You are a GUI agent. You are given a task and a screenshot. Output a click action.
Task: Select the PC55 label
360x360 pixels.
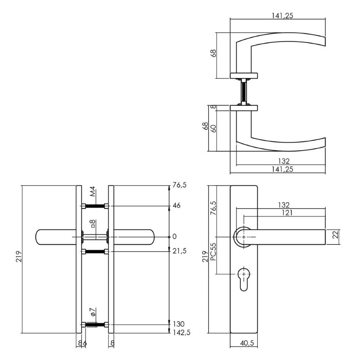(213, 252)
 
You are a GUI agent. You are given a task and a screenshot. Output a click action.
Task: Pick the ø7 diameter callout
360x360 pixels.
(93, 312)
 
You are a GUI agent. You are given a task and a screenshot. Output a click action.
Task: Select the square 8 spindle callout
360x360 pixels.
(93, 224)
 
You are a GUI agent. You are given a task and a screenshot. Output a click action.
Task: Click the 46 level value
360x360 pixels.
(176, 206)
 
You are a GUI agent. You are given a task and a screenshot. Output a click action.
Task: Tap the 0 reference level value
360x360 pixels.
(175, 237)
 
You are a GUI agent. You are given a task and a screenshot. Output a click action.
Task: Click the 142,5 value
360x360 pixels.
(181, 333)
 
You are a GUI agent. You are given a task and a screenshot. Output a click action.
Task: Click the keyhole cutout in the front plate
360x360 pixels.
(244, 278)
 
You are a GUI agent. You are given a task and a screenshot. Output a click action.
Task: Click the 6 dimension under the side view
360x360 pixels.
(85, 343)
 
